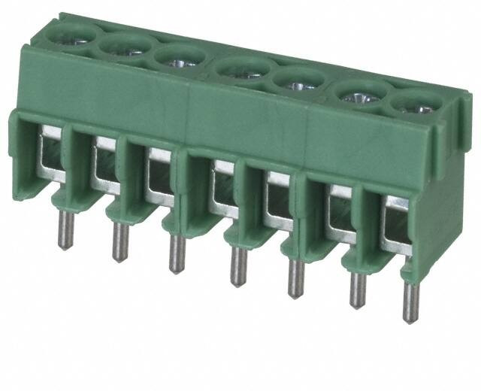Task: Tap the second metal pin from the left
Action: coord(118,241)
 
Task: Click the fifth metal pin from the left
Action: coord(292,277)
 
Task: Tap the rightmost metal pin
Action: coord(410,302)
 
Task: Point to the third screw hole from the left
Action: coord(179,57)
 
